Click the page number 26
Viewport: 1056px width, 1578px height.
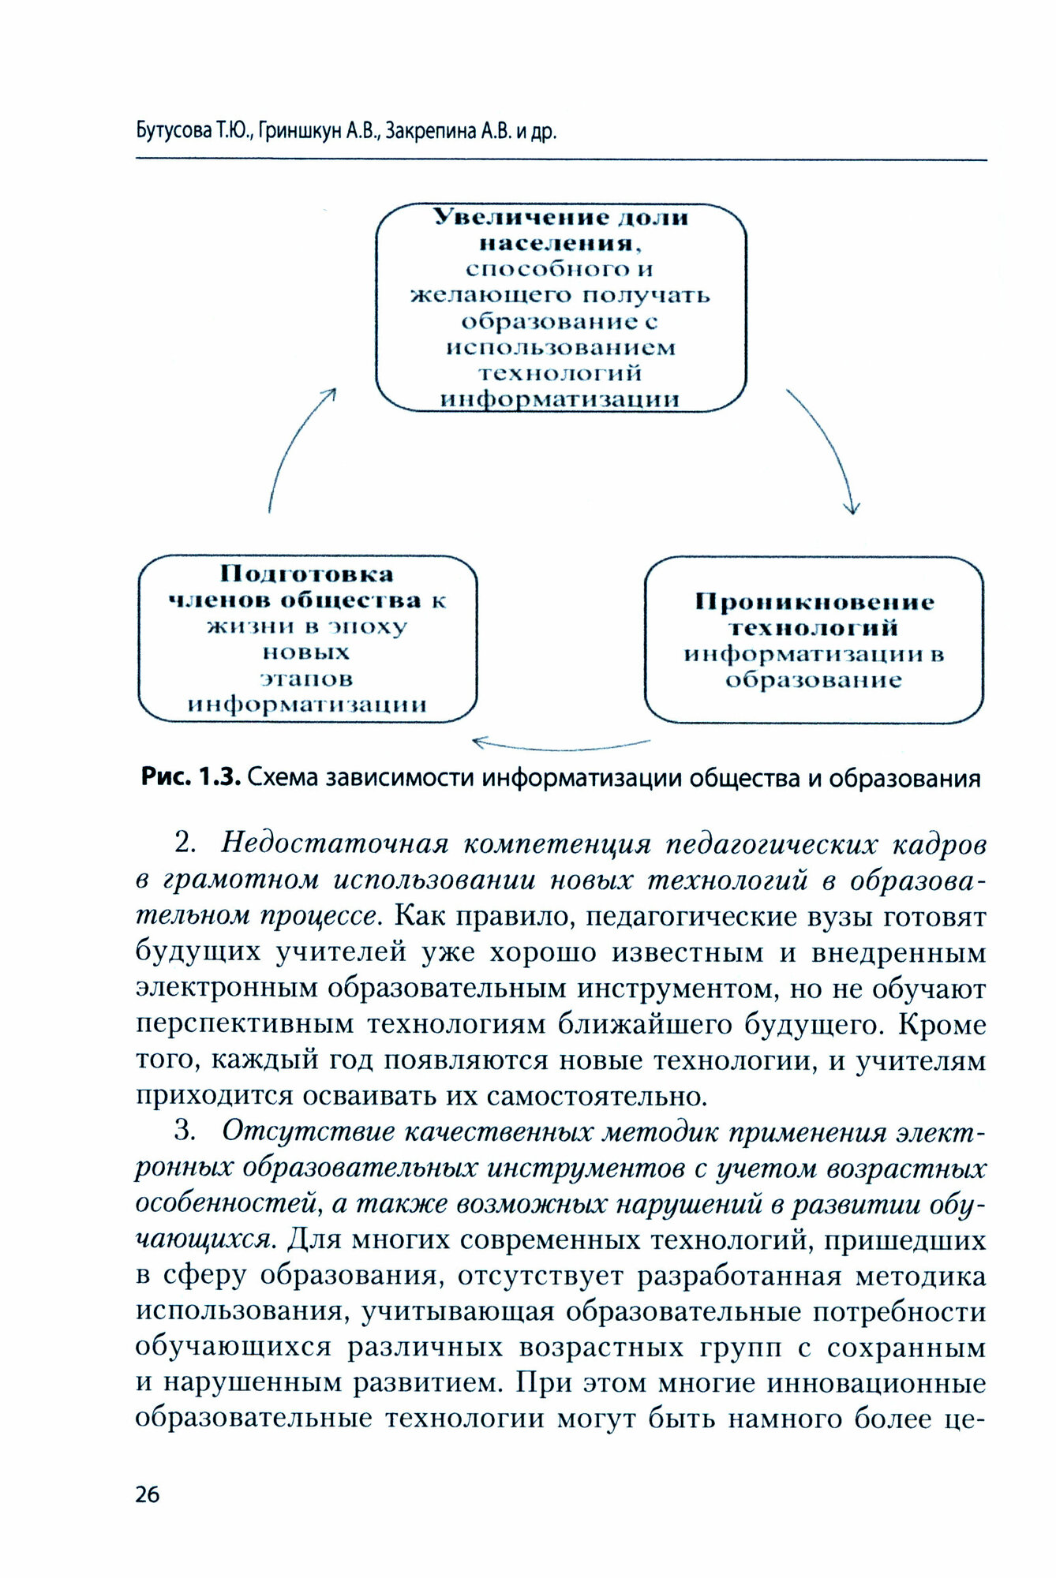(148, 1494)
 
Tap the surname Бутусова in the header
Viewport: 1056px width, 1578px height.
(170, 132)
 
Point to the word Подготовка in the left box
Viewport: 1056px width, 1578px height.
(307, 574)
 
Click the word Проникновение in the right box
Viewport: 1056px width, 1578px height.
(814, 603)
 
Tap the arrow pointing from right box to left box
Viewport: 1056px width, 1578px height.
(560, 744)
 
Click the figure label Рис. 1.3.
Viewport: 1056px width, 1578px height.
(189, 779)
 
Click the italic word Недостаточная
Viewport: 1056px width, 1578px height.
(335, 843)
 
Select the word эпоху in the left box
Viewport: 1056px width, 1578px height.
(378, 626)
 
